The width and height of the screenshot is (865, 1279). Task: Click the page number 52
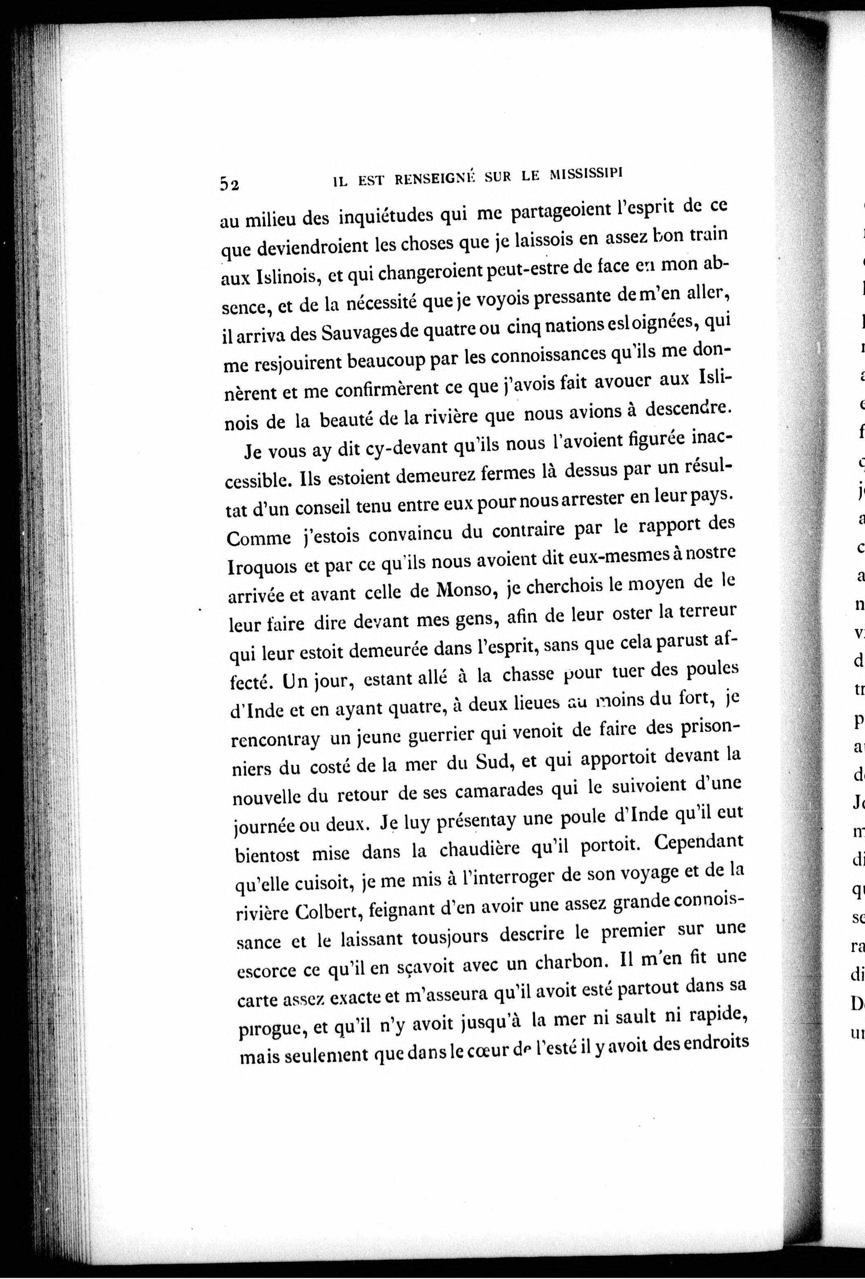pyautogui.click(x=229, y=183)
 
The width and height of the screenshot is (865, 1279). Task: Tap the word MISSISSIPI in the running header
pyautogui.click(x=586, y=175)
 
